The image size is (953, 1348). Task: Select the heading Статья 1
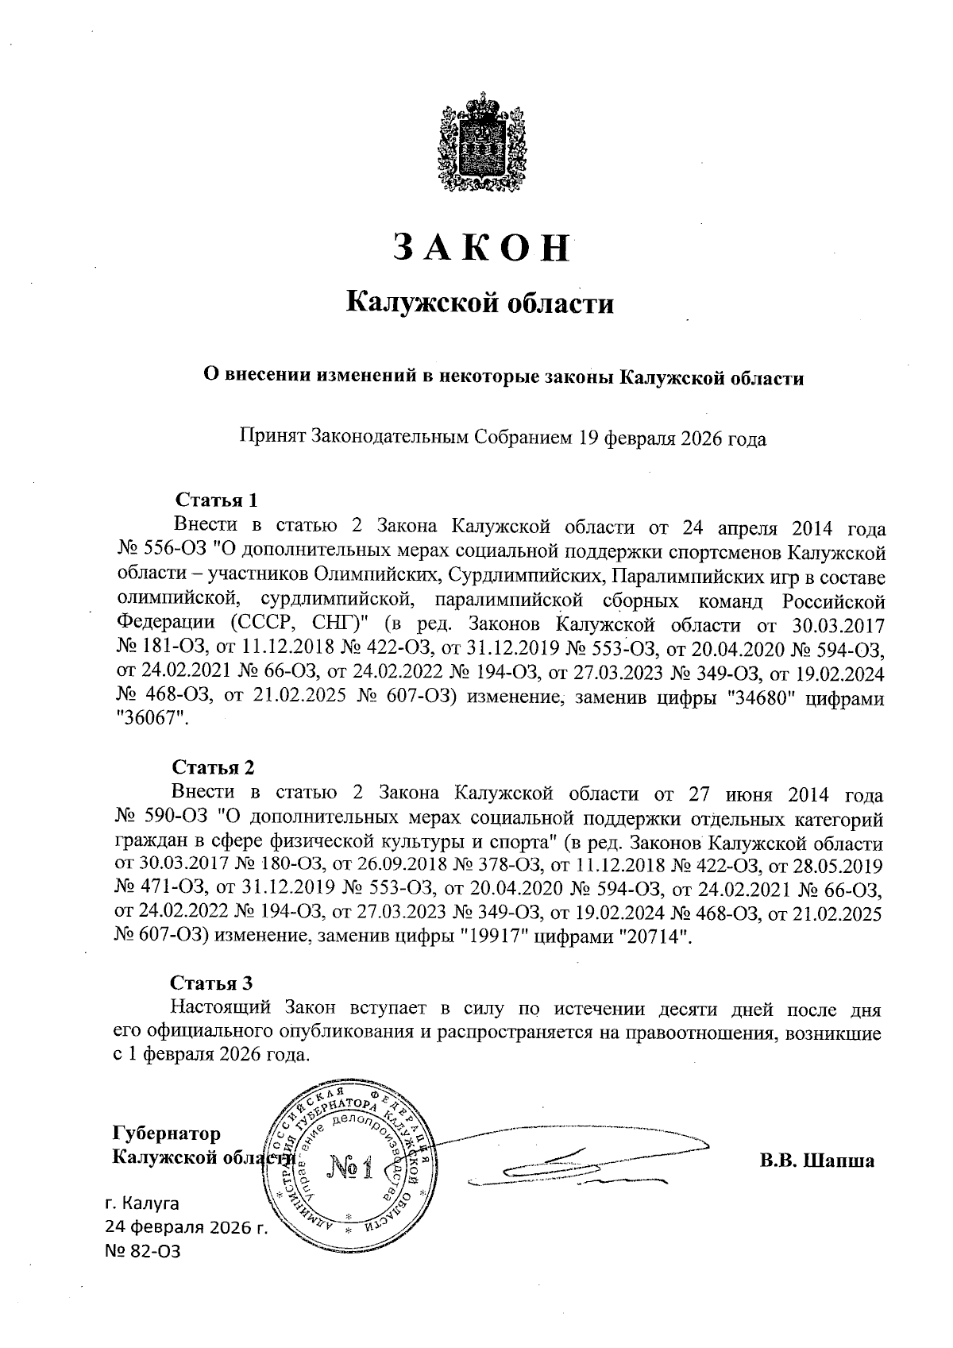[x=216, y=500]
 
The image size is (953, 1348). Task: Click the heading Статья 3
[x=213, y=983]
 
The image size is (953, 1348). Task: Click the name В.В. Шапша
[x=816, y=1161]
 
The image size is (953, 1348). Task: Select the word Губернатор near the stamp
[x=168, y=1133]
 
